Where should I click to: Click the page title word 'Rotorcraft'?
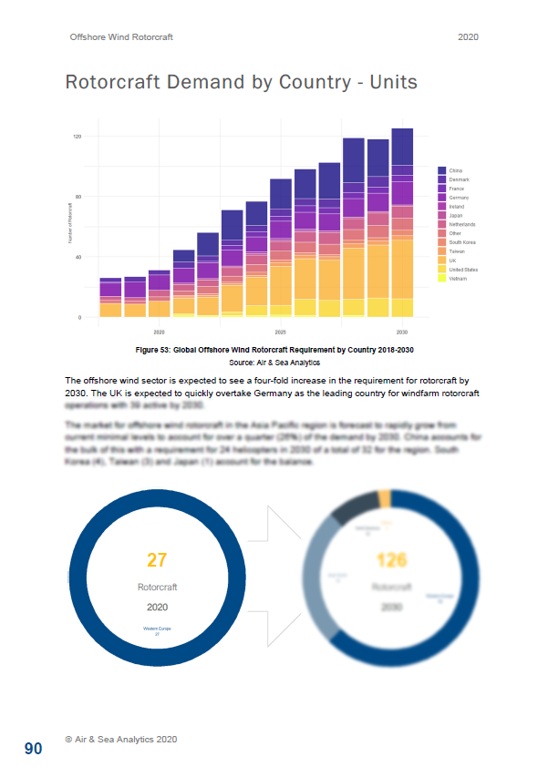112,83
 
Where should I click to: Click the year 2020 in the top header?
468,37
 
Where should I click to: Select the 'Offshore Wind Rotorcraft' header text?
121,37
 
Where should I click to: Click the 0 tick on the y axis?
80,318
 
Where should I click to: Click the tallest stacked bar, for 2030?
402,222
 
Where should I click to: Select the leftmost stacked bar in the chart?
110,298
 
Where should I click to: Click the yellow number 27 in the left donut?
156,559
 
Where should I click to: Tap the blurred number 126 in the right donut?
390,559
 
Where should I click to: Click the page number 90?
33,749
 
